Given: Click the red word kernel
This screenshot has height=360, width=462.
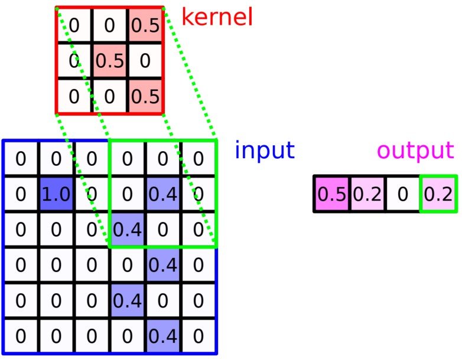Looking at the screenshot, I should (217, 17).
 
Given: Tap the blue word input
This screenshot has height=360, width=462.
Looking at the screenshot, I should (264, 151).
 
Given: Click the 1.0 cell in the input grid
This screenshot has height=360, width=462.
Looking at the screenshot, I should (56, 194).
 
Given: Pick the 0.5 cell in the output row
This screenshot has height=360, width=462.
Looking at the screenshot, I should (331, 194).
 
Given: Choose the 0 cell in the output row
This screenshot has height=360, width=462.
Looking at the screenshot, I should (403, 194).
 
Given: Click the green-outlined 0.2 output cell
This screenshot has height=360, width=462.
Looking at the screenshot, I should (438, 194).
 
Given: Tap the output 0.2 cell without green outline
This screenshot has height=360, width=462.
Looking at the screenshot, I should (367, 194).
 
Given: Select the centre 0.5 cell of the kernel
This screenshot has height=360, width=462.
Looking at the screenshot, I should (109, 60).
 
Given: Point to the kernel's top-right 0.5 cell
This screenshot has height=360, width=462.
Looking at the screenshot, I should (145, 25).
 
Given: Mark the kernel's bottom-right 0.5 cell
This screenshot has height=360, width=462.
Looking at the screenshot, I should (145, 96).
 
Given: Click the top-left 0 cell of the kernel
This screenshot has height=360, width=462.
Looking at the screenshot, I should (74, 25).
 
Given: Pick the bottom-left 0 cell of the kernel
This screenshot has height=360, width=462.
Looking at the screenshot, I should (74, 96).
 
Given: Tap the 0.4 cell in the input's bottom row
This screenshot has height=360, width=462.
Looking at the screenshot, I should (164, 336).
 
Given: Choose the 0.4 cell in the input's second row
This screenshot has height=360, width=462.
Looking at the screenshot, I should (164, 194).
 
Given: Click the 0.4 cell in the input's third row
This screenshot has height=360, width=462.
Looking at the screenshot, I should (128, 229).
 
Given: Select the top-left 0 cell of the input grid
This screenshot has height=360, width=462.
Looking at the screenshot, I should (21, 159).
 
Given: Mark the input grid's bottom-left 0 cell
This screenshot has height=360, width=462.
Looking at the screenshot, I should (21, 336).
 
